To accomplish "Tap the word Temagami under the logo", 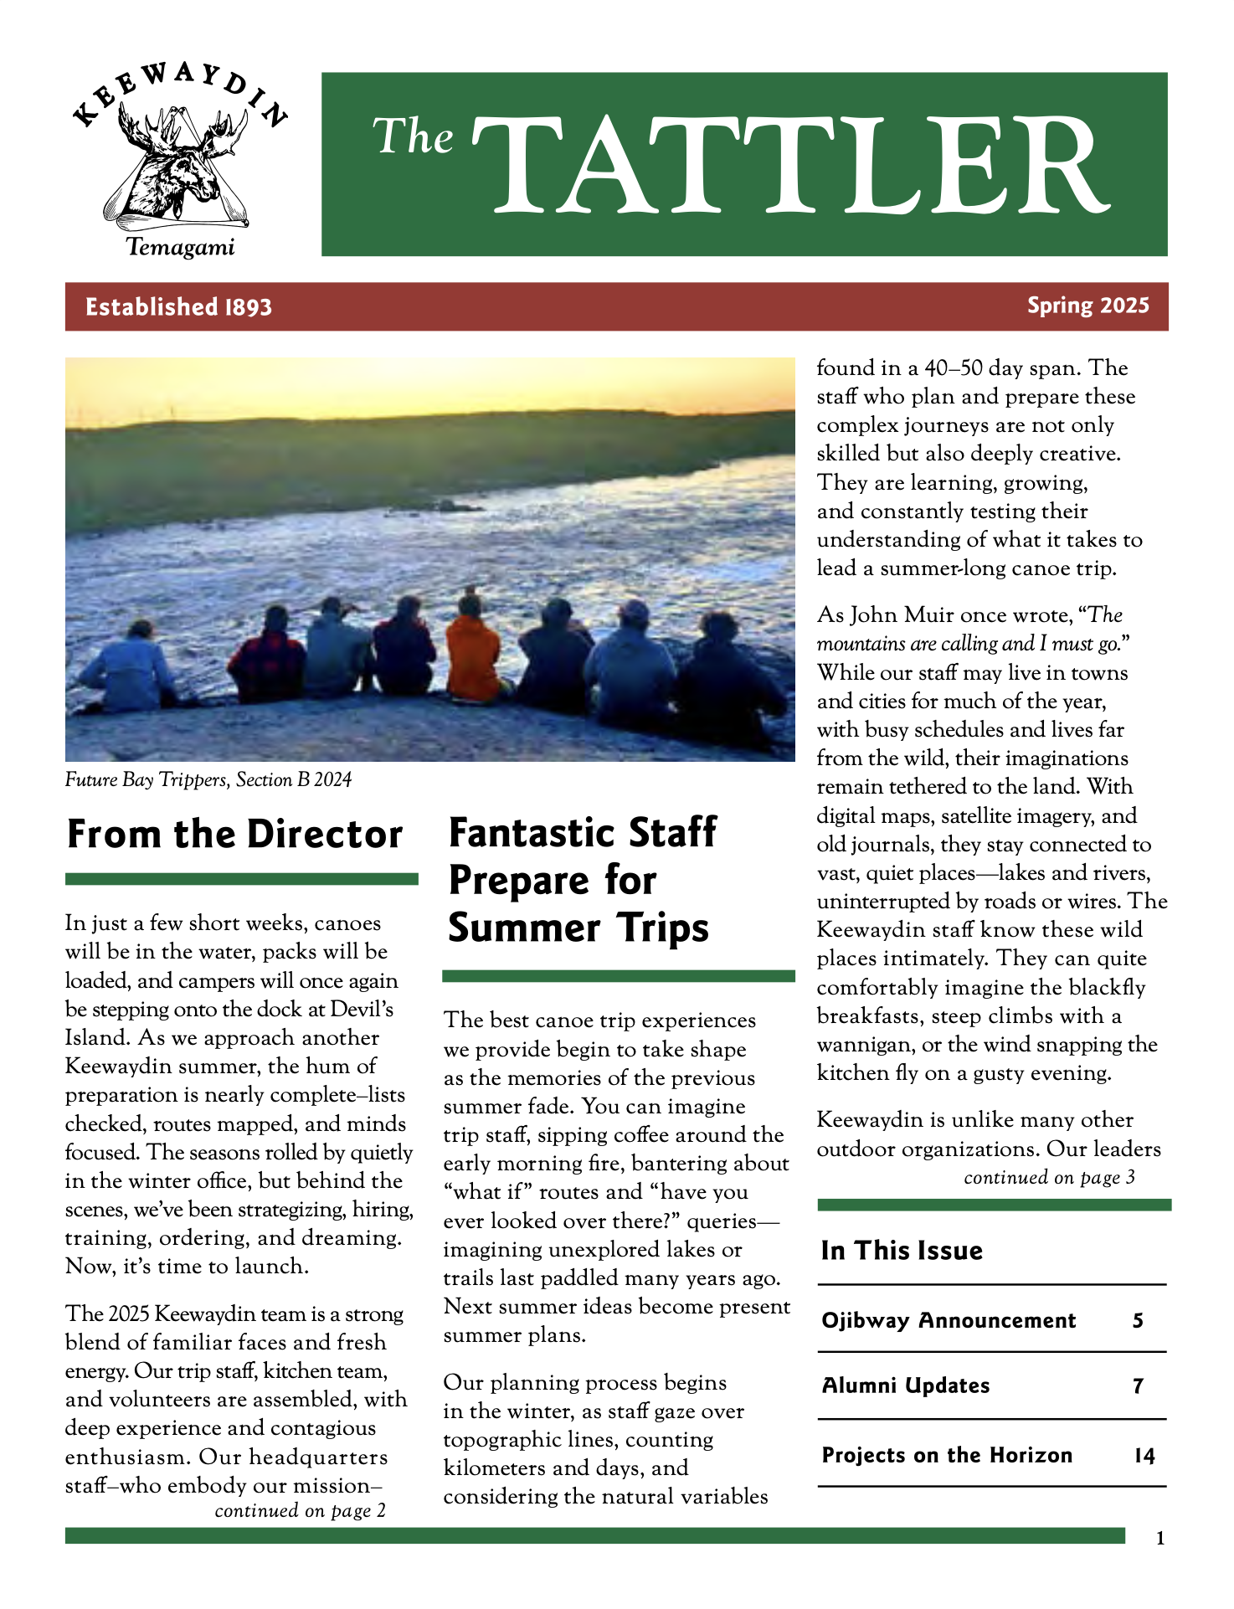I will point(180,248).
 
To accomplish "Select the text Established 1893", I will point(178,307).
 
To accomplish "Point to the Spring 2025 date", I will point(1087,306).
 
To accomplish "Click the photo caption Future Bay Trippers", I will point(208,780).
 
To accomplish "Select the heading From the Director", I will point(234,835).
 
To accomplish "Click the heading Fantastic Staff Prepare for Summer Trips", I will point(582,881).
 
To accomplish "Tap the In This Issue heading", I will point(902,1250).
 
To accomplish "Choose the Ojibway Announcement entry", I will point(949,1320).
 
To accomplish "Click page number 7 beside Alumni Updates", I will point(1138,1386).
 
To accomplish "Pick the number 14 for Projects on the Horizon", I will point(1144,1456).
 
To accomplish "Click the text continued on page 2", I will point(300,1511).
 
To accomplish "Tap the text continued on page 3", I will point(1049,1178).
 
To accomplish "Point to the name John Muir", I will point(902,615).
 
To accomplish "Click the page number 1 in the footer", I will point(1159,1538).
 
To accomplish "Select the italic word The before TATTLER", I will point(414,136).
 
